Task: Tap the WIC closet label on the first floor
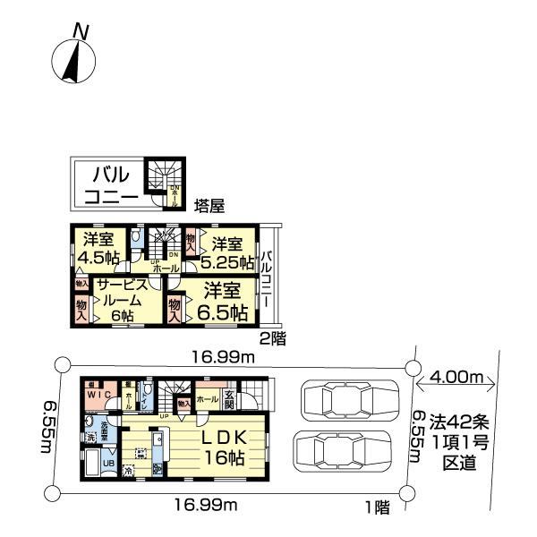point(98,395)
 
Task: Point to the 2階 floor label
point(272,337)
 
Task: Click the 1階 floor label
point(377,507)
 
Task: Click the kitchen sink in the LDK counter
point(158,441)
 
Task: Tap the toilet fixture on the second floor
point(135,238)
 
